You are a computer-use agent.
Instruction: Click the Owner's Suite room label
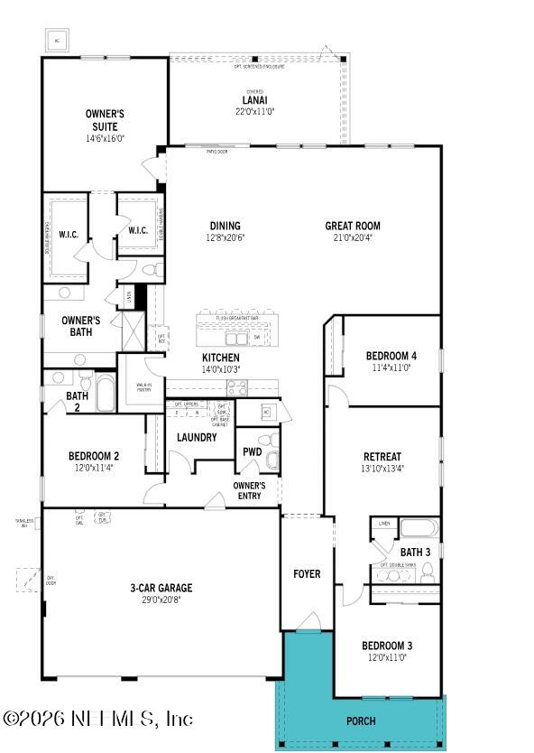105,120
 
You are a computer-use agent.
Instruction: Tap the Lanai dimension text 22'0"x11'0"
253,111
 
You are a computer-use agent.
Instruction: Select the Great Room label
353,226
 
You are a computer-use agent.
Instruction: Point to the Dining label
225,226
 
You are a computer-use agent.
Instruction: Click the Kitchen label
220,358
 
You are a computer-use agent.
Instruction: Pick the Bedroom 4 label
391,355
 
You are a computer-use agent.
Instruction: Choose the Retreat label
382,457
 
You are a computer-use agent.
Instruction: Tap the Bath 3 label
416,552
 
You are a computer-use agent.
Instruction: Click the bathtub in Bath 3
418,528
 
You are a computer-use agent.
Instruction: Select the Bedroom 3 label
387,646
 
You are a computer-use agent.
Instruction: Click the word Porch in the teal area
360,720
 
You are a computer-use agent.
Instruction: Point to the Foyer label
307,574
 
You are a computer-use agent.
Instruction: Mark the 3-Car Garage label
161,588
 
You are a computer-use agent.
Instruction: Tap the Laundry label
196,437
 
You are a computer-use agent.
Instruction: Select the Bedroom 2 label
94,456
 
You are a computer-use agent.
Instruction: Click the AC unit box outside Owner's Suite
59,41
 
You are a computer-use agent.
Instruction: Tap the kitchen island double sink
237,338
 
